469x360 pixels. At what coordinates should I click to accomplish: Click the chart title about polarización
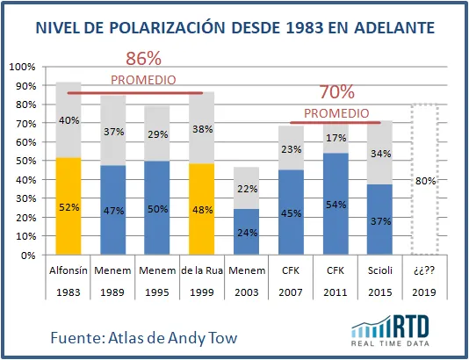coord(234,28)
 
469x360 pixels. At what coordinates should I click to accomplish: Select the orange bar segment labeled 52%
coord(69,206)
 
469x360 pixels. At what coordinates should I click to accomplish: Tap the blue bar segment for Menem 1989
coord(112,211)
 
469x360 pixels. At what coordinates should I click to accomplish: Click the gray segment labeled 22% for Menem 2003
coord(246,188)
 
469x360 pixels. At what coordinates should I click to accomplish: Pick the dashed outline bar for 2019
coord(424,180)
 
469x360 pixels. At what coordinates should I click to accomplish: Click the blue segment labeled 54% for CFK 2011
coord(335,205)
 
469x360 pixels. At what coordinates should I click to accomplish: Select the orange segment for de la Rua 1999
coord(202,210)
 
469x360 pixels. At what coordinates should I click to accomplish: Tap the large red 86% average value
coord(143,59)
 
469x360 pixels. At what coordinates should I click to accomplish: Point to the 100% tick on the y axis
coord(23,67)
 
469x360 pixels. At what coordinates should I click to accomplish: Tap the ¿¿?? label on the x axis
coord(424,270)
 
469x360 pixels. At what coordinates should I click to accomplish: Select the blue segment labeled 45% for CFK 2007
coord(291,212)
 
